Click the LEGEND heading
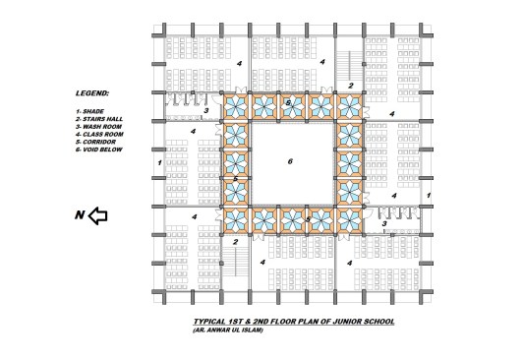pos(92,93)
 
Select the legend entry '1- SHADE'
pos(89,111)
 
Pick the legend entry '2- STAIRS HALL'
pos(99,119)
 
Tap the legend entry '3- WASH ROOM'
pos(98,127)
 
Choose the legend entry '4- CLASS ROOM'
pos(99,135)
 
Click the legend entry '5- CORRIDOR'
pos(95,143)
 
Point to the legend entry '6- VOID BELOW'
pos(98,150)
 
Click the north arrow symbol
pos(97,215)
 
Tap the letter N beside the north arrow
pos(80,215)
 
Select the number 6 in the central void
pos(290,161)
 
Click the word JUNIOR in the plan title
pos(345,322)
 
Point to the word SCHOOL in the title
pos(378,322)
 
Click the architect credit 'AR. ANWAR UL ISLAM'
pos(228,330)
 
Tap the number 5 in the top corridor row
pos(288,103)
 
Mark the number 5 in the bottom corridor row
pos(309,219)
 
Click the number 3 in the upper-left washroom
pos(206,110)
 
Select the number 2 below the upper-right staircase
pos(351,86)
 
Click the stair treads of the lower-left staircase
pos(236,262)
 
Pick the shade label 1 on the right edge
pos(429,196)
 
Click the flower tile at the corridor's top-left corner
pos(236,107)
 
